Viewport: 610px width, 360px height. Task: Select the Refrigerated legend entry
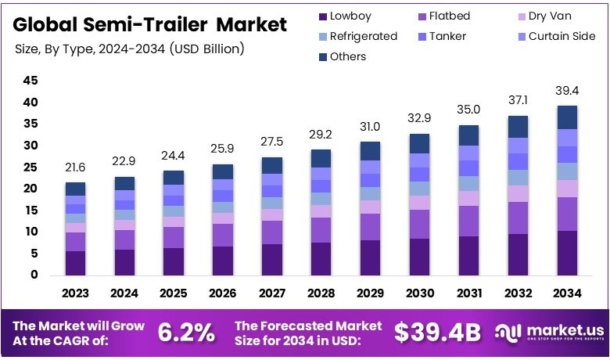357,36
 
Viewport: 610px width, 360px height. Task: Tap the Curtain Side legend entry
554,36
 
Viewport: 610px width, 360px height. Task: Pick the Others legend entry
341,56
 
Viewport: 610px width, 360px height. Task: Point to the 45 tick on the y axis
30,81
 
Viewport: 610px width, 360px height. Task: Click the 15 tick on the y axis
30,210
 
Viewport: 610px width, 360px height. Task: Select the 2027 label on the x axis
272,293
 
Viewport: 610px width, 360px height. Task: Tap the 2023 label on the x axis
76,293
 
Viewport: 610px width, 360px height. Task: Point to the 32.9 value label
420,120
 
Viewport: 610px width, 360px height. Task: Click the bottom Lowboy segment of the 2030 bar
420,257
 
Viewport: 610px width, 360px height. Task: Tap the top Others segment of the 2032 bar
518,127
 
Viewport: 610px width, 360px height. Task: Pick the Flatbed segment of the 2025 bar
174,237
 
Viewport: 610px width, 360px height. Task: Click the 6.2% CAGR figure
186,332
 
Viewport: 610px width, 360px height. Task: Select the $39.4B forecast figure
437,332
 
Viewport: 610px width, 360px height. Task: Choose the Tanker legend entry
447,36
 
